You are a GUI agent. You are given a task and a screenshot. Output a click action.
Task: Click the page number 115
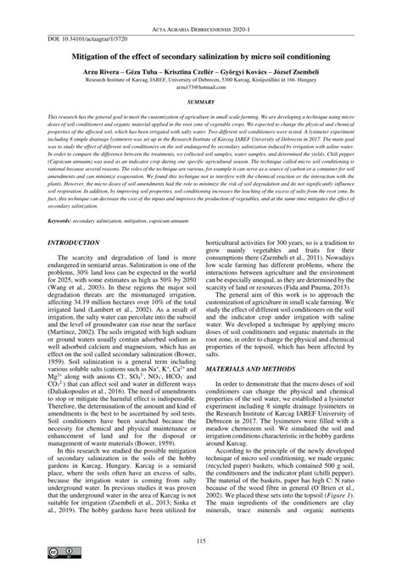coord(201,542)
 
